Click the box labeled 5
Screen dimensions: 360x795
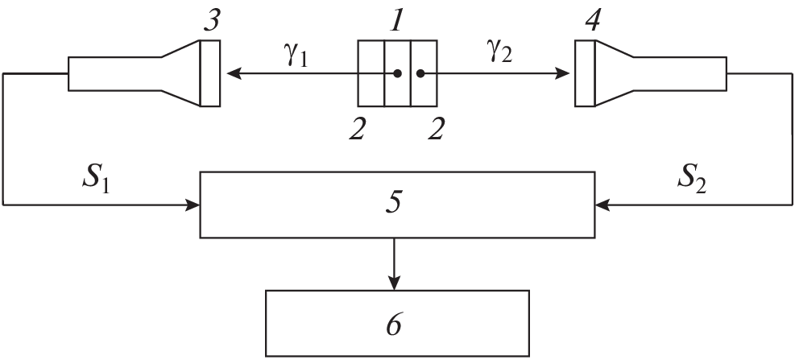395,205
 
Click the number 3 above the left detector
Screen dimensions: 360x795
211,20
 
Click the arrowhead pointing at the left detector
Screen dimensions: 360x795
234,74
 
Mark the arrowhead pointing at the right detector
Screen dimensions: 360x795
564,74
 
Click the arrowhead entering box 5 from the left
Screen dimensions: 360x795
193,205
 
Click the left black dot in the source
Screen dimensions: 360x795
397,74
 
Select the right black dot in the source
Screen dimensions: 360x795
420,74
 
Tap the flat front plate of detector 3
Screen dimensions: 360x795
210,73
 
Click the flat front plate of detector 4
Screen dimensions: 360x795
585,73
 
